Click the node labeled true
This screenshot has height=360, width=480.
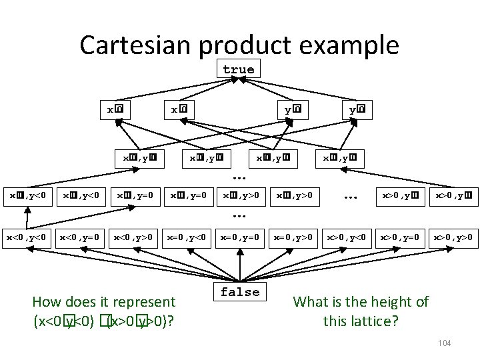pyautogui.click(x=239, y=69)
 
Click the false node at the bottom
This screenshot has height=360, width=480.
pyautogui.click(x=240, y=292)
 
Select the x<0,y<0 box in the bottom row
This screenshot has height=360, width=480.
pyautogui.click(x=27, y=237)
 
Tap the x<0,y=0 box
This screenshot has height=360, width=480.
pyautogui.click(x=80, y=237)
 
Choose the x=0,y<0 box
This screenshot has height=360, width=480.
pyautogui.click(x=189, y=237)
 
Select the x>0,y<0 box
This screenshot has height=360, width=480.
pyautogui.click(x=347, y=237)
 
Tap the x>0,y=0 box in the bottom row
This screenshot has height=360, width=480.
pyautogui.click(x=400, y=237)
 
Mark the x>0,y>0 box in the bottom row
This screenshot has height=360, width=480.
pyautogui.click(x=453, y=237)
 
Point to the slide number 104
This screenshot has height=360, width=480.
pyautogui.click(x=445, y=343)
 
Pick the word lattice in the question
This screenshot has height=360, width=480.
pyautogui.click(x=372, y=321)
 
